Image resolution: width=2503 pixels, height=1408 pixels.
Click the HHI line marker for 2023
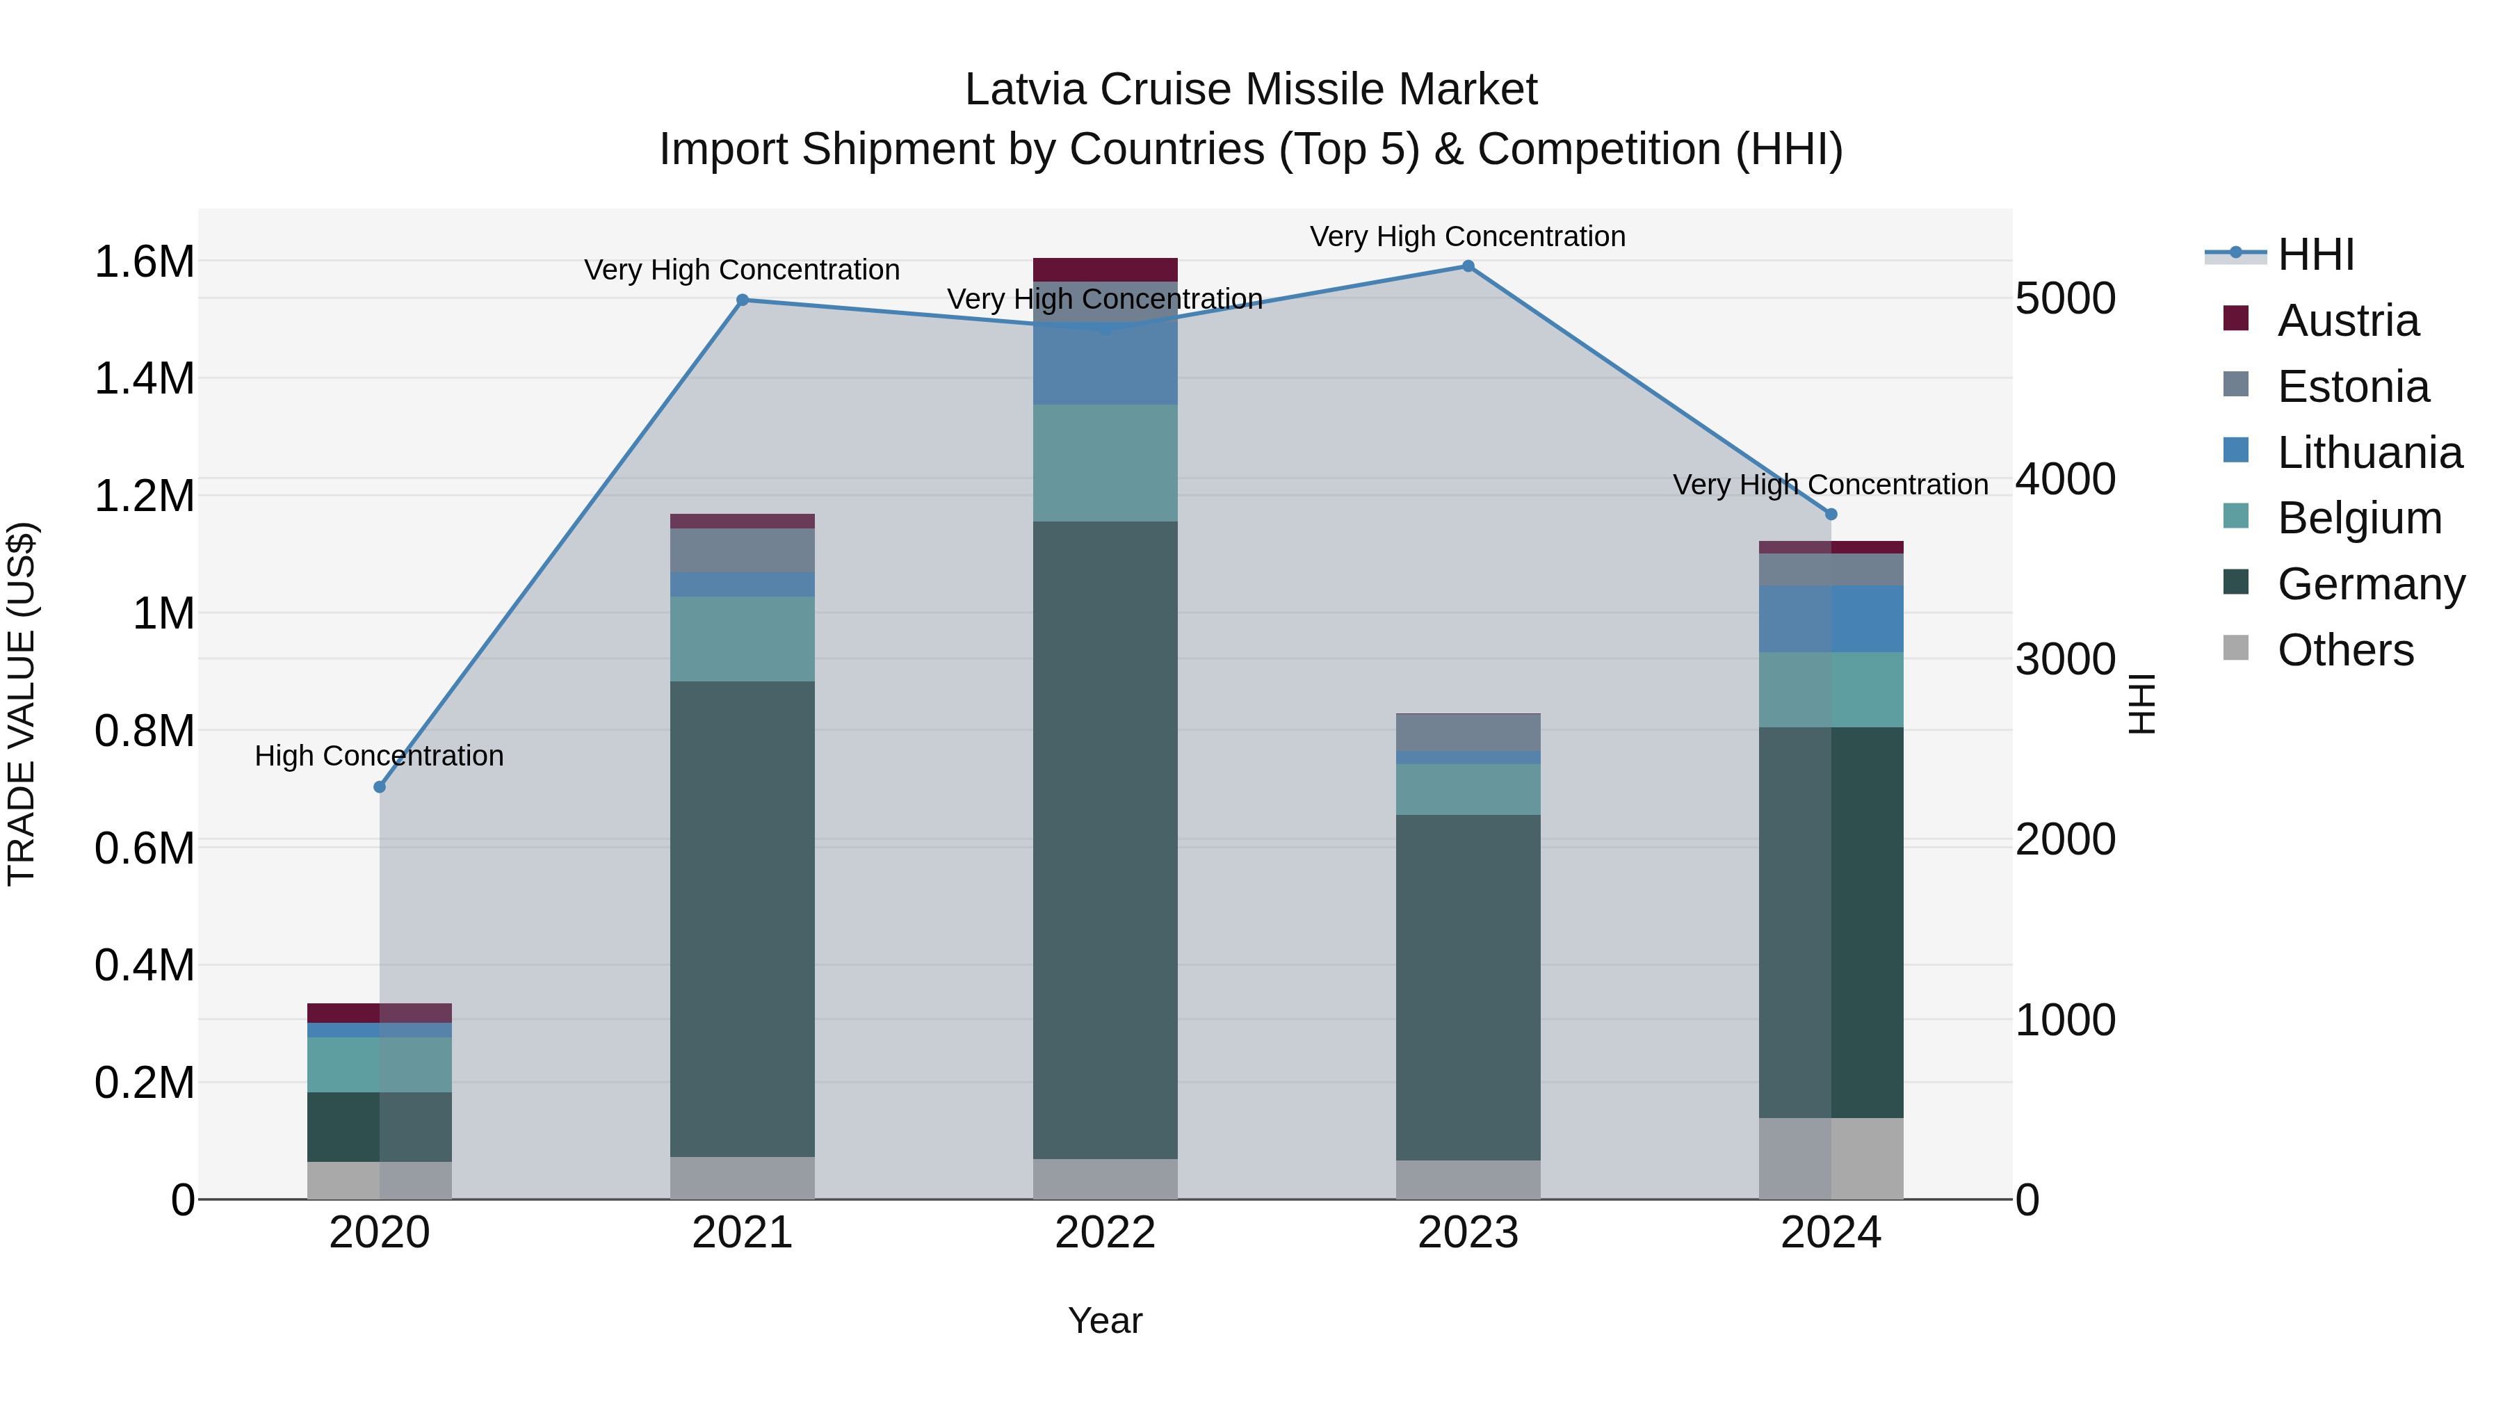pyautogui.click(x=1468, y=266)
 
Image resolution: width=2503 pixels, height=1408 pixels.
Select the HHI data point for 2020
pyautogui.click(x=380, y=787)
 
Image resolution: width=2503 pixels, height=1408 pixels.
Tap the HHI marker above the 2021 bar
pyautogui.click(x=743, y=300)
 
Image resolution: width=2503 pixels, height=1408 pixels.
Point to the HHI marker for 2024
pyautogui.click(x=1831, y=514)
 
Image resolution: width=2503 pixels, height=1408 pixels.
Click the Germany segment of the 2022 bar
pyautogui.click(x=1105, y=841)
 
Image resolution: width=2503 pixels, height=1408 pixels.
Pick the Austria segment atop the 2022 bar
pyautogui.click(x=1105, y=269)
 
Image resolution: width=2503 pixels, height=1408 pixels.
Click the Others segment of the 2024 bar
pyautogui.click(x=1831, y=1158)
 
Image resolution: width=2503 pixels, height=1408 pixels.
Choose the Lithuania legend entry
pyautogui.click(x=2369, y=453)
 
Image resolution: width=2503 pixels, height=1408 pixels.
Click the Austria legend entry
pyautogui.click(x=2347, y=321)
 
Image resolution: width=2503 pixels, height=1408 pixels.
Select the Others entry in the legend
pyautogui.click(x=2344, y=650)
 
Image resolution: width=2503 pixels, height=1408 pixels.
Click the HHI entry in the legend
pyautogui.click(x=2315, y=254)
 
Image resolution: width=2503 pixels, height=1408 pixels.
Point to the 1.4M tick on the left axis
pyautogui.click(x=144, y=378)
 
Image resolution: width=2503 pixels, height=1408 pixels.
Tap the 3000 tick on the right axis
pyautogui.click(x=2065, y=660)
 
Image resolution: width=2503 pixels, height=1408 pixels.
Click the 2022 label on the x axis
pyautogui.click(x=1105, y=1233)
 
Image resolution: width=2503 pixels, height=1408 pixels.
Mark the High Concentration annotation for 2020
pyautogui.click(x=379, y=756)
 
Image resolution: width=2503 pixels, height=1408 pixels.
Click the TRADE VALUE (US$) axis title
pyautogui.click(x=22, y=704)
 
